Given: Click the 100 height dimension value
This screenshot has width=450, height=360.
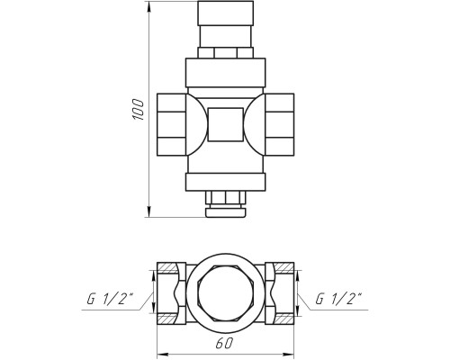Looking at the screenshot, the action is (x=138, y=109).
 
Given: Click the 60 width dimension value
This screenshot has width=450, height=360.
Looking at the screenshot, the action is (x=224, y=344).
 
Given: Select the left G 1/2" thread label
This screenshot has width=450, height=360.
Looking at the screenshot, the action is (x=110, y=299).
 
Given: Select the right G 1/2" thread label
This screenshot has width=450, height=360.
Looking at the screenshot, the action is (x=339, y=299).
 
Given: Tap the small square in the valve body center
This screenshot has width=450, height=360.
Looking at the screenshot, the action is (x=225, y=124).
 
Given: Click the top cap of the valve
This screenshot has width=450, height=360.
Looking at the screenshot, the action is (x=225, y=13).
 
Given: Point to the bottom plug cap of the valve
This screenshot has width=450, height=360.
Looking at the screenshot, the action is (x=226, y=212).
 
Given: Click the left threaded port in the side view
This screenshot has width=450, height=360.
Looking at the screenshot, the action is (x=172, y=124).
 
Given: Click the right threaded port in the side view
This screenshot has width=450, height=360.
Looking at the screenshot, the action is (x=279, y=124).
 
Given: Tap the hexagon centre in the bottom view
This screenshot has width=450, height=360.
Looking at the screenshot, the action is (x=226, y=293).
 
